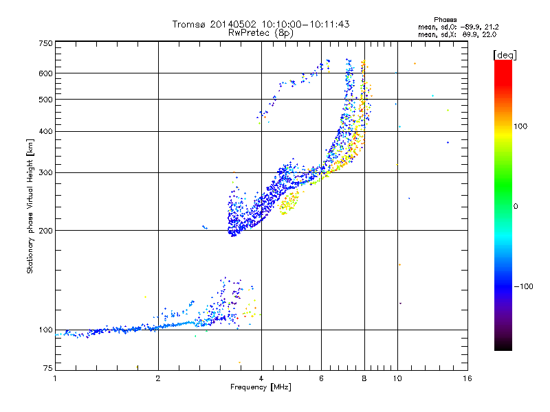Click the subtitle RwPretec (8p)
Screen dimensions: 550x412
pos(261,33)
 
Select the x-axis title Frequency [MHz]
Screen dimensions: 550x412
pos(261,387)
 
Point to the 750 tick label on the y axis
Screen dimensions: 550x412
pos(45,43)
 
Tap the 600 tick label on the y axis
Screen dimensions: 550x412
pos(45,73)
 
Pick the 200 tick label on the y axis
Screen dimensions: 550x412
pos(45,231)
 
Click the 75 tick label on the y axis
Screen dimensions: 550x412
pos(48,368)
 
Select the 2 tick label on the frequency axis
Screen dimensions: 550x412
pos(158,378)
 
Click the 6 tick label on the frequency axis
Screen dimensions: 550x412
pos(321,378)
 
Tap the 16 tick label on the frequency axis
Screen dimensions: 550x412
pos(467,378)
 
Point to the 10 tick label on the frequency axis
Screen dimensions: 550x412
pos(397,378)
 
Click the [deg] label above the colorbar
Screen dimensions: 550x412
pos(505,55)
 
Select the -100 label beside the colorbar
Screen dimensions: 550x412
pos(523,286)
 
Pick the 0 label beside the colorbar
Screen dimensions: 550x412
pos(516,207)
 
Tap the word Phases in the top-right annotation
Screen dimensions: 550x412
pos(445,20)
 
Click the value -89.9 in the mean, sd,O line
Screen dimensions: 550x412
pos(471,27)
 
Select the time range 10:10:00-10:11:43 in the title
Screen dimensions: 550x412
pos(306,24)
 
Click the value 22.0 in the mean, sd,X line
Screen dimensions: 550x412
pos(490,35)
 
